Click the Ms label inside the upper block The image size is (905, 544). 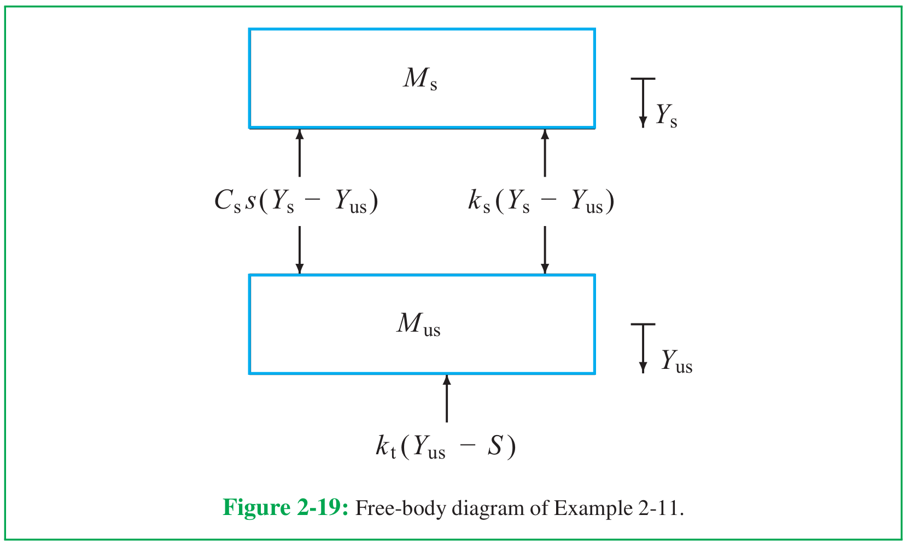tap(420, 78)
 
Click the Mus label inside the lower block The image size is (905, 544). tap(418, 325)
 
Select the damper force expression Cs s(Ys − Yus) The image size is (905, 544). tap(296, 201)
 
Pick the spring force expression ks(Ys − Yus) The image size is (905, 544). tap(541, 201)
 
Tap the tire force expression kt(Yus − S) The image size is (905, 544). tap(446, 447)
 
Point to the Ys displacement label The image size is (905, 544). tap(666, 115)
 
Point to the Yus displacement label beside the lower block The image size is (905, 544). tap(677, 361)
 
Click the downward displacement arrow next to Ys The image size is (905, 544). tap(643, 103)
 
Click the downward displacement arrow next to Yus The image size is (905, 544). tap(643, 348)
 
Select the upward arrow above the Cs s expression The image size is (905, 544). tap(299, 153)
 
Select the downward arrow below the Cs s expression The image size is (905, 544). tap(299, 250)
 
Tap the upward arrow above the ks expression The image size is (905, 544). tap(545, 153)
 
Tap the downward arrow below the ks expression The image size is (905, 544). tap(545, 250)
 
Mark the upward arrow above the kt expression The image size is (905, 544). tap(447, 398)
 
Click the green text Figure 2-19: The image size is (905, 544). tap(285, 507)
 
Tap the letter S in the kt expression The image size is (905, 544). tap(494, 445)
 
